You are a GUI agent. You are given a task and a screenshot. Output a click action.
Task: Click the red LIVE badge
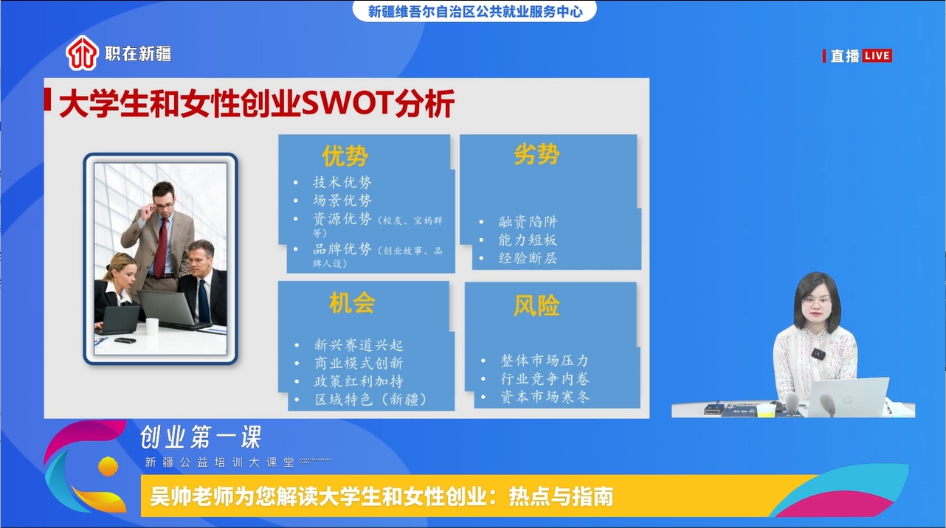tap(877, 56)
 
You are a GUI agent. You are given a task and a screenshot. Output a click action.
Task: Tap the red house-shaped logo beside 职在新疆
tap(81, 53)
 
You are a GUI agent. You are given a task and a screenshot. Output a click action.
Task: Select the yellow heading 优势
tap(345, 156)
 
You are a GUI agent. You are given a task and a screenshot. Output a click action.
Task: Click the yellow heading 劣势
tap(536, 153)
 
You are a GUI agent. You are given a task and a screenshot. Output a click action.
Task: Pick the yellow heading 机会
tap(352, 303)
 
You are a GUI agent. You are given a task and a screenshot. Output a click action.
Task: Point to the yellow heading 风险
tap(536, 305)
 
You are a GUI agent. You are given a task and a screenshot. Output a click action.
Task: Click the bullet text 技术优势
tap(342, 182)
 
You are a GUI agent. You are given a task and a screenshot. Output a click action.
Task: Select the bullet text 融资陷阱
tap(528, 221)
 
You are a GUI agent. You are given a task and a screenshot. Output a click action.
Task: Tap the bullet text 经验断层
tap(528, 258)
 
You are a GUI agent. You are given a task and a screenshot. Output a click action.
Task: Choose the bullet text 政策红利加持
tap(359, 381)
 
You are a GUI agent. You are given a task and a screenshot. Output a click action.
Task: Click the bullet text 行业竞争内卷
tap(545, 378)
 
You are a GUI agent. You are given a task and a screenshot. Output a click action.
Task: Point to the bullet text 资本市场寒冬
tap(545, 397)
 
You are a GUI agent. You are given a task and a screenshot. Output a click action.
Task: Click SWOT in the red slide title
tap(347, 103)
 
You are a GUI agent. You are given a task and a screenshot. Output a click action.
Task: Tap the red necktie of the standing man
tap(160, 246)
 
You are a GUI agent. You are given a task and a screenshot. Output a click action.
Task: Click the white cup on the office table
tap(152, 327)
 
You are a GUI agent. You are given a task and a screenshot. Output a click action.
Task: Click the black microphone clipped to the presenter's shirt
tap(818, 354)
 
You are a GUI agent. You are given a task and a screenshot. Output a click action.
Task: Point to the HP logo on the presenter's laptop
tap(847, 399)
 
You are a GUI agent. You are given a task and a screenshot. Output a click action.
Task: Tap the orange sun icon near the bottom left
tap(108, 466)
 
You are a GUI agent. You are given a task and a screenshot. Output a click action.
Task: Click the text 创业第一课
tap(201, 437)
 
